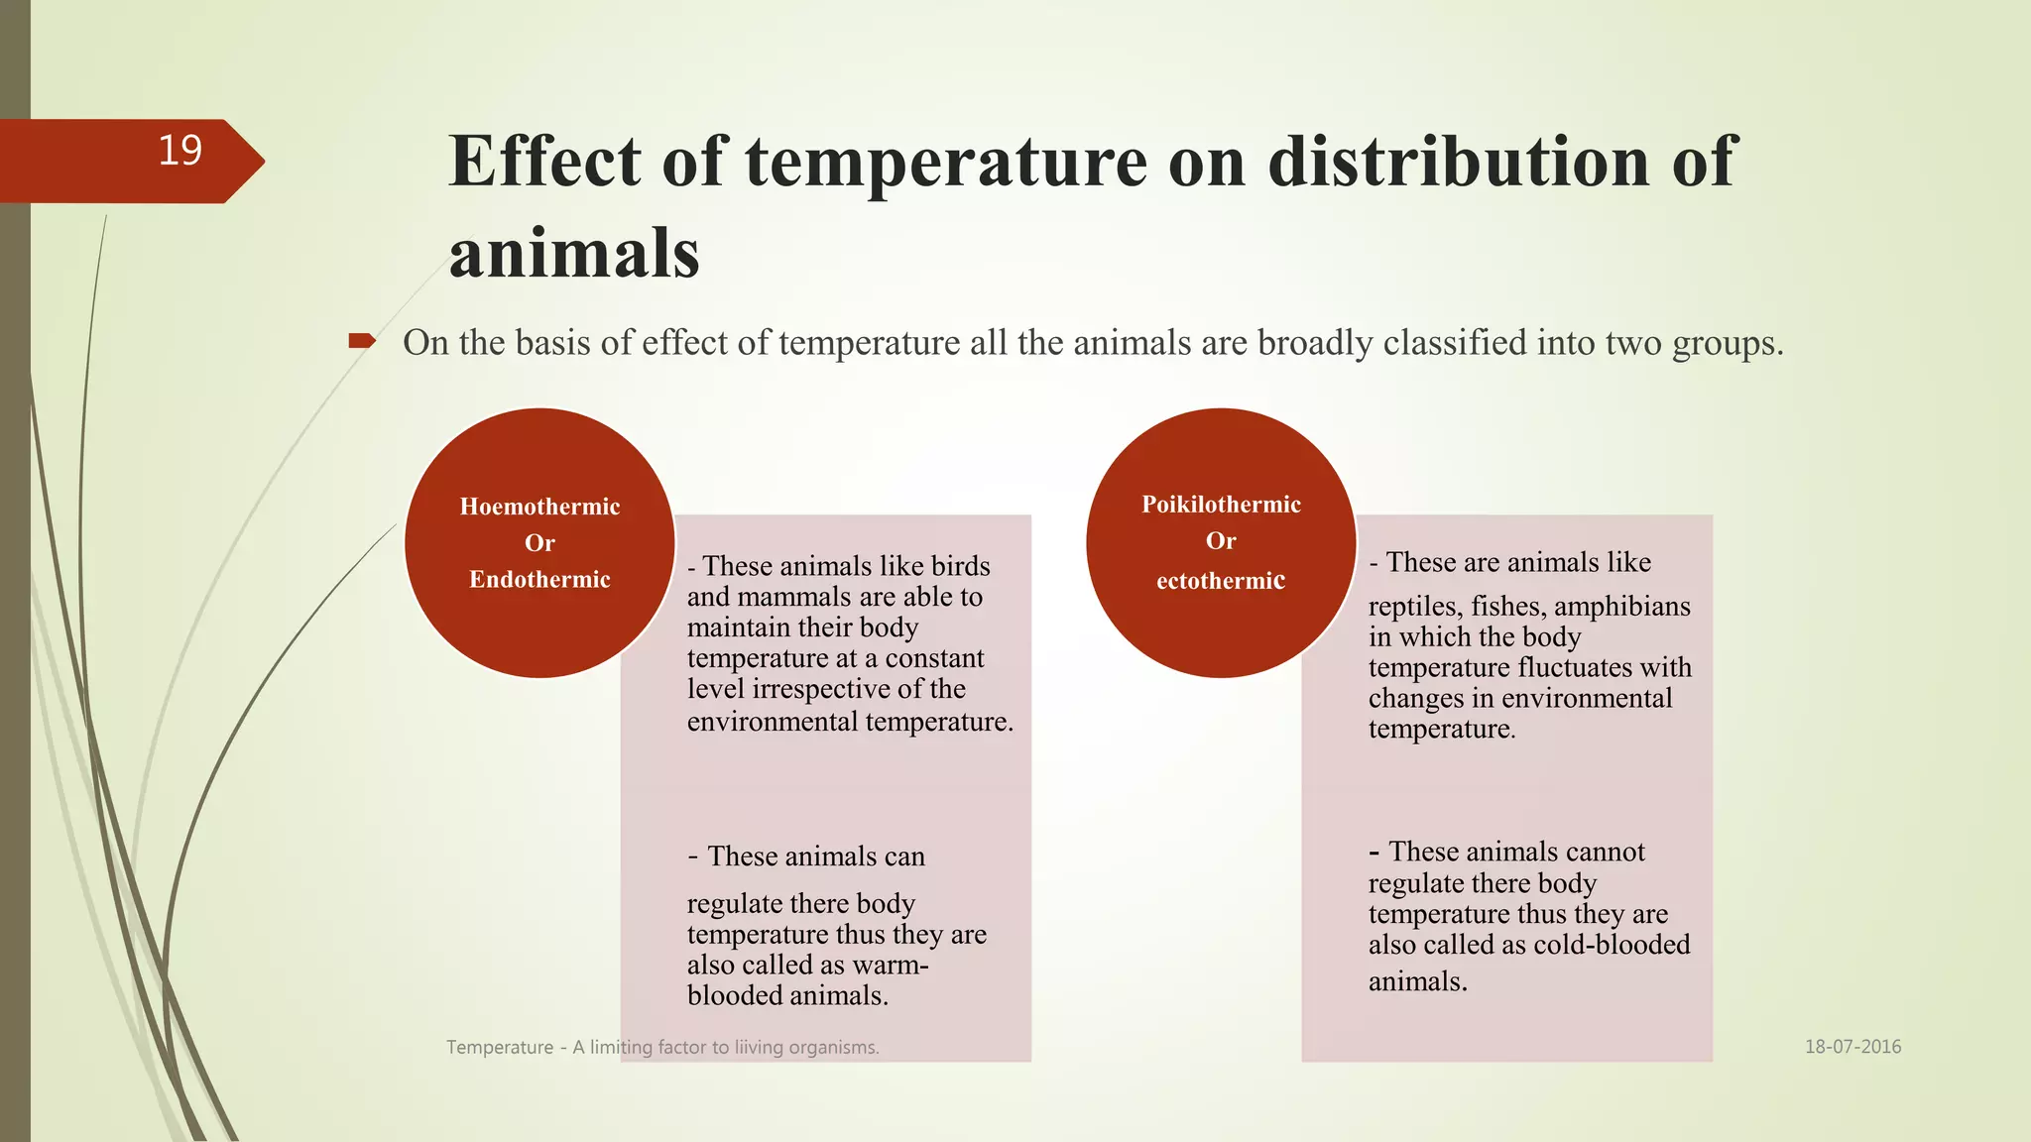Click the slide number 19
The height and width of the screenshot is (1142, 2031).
pos(179,151)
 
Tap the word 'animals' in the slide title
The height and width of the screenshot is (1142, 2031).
pos(574,253)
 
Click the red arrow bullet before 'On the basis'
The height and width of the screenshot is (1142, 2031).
pos(361,342)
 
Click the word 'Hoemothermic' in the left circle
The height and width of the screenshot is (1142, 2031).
pos(539,507)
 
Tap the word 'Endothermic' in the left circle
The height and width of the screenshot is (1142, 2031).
pos(539,579)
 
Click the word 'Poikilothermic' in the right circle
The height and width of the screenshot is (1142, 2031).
pos(1221,505)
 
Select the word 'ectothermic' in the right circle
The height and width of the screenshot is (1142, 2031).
pos(1221,581)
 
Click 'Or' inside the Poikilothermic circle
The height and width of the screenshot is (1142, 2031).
pos(1221,541)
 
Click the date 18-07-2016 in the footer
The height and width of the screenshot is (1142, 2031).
pos(1852,1047)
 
